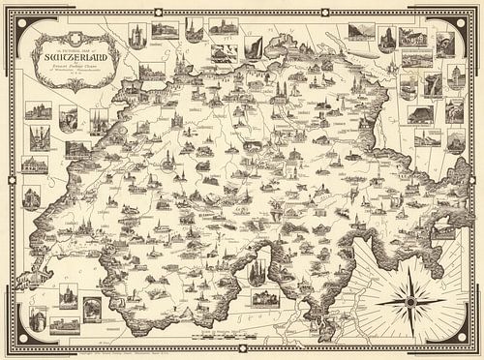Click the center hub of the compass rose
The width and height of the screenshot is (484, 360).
(x=410, y=299)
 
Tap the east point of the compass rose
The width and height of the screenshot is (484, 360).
(x=446, y=299)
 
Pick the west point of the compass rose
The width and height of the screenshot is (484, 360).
(x=375, y=299)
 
